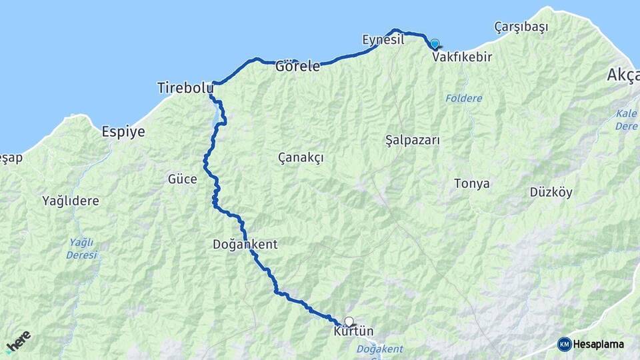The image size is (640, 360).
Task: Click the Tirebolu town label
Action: [x=185, y=87]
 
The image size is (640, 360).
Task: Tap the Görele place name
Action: [x=297, y=66]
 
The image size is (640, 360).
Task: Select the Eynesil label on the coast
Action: [x=383, y=40]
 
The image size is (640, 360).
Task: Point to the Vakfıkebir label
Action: [x=462, y=57]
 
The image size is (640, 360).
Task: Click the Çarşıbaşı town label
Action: [x=521, y=27]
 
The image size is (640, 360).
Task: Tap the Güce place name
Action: [x=182, y=179]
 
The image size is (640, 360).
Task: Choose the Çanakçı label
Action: [x=301, y=157]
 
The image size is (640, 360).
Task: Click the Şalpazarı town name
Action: [x=413, y=140]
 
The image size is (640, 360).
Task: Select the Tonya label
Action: [x=471, y=183]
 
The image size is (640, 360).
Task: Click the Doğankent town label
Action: [x=245, y=245]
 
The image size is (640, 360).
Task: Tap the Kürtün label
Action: [x=353, y=331]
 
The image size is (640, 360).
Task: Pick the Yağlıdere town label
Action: [x=71, y=200]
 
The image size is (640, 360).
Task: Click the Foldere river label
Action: [x=463, y=99]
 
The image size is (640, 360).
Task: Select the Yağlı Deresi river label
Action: [x=81, y=248]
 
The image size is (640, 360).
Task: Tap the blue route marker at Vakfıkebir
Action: [x=435, y=44]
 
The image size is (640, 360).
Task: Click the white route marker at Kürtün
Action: [x=349, y=321]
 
